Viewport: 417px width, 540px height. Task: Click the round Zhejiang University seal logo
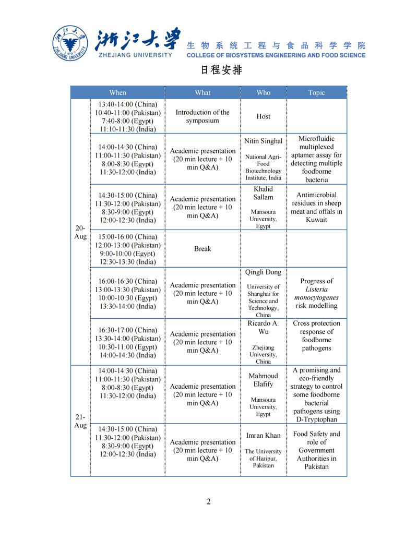[70, 43]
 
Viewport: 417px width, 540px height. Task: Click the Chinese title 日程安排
[222, 69]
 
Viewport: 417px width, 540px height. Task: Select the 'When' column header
[118, 92]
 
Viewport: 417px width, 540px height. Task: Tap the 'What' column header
[202, 92]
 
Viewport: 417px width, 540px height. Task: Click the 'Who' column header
[264, 92]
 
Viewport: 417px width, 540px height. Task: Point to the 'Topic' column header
[316, 92]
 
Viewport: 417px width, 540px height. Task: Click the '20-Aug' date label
[80, 232]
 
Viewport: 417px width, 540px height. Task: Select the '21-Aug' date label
[80, 421]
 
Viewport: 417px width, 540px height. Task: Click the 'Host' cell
[264, 116]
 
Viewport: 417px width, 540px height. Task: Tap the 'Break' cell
[202, 249]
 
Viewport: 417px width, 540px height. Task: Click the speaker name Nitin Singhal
[264, 141]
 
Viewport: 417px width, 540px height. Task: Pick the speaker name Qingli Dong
[264, 272]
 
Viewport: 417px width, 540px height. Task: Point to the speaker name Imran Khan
[264, 435]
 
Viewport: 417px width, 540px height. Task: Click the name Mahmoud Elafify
[264, 380]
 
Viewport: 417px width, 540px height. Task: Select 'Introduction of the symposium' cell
[202, 116]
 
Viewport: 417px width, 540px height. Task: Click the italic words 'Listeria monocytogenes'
[316, 293]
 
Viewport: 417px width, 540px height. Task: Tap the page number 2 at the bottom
[209, 502]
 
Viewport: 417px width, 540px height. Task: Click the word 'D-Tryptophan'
[316, 419]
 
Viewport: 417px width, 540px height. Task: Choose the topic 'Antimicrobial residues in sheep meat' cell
[316, 207]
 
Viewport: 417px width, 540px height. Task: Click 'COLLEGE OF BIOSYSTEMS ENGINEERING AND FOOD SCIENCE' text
[276, 55]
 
